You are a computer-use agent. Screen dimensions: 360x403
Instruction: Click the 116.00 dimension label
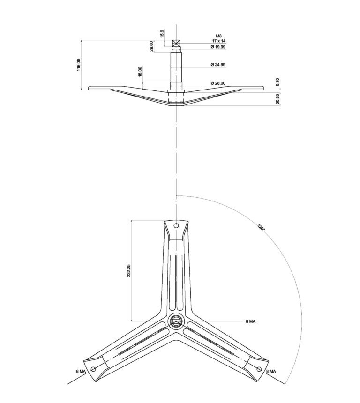(x=79, y=65)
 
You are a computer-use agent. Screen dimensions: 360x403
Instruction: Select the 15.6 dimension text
(x=162, y=34)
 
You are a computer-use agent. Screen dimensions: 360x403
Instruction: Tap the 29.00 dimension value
(x=151, y=46)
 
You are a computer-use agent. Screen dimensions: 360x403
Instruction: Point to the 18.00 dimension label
(x=140, y=72)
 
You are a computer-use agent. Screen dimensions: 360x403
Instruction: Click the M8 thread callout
(x=219, y=36)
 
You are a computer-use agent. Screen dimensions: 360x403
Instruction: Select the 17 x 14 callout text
(x=219, y=41)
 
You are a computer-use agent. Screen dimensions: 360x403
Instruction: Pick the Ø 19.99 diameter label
(x=218, y=47)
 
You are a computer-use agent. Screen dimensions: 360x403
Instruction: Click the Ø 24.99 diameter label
(x=218, y=65)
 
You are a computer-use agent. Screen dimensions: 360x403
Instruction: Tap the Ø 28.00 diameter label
(x=218, y=83)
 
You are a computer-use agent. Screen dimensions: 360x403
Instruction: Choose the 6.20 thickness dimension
(x=277, y=82)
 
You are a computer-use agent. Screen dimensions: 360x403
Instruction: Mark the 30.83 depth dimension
(x=277, y=99)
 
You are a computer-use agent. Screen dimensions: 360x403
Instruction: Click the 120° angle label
(x=261, y=227)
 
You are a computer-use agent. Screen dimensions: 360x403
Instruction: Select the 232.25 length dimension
(x=129, y=271)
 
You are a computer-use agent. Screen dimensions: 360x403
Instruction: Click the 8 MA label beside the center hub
(x=251, y=321)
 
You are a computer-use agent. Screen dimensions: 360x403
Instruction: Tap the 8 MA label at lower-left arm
(x=81, y=371)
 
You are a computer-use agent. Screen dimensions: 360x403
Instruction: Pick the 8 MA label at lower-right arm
(x=271, y=371)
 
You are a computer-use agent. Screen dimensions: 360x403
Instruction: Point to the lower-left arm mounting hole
(x=93, y=369)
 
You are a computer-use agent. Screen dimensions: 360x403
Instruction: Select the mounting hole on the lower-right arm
(x=259, y=369)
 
